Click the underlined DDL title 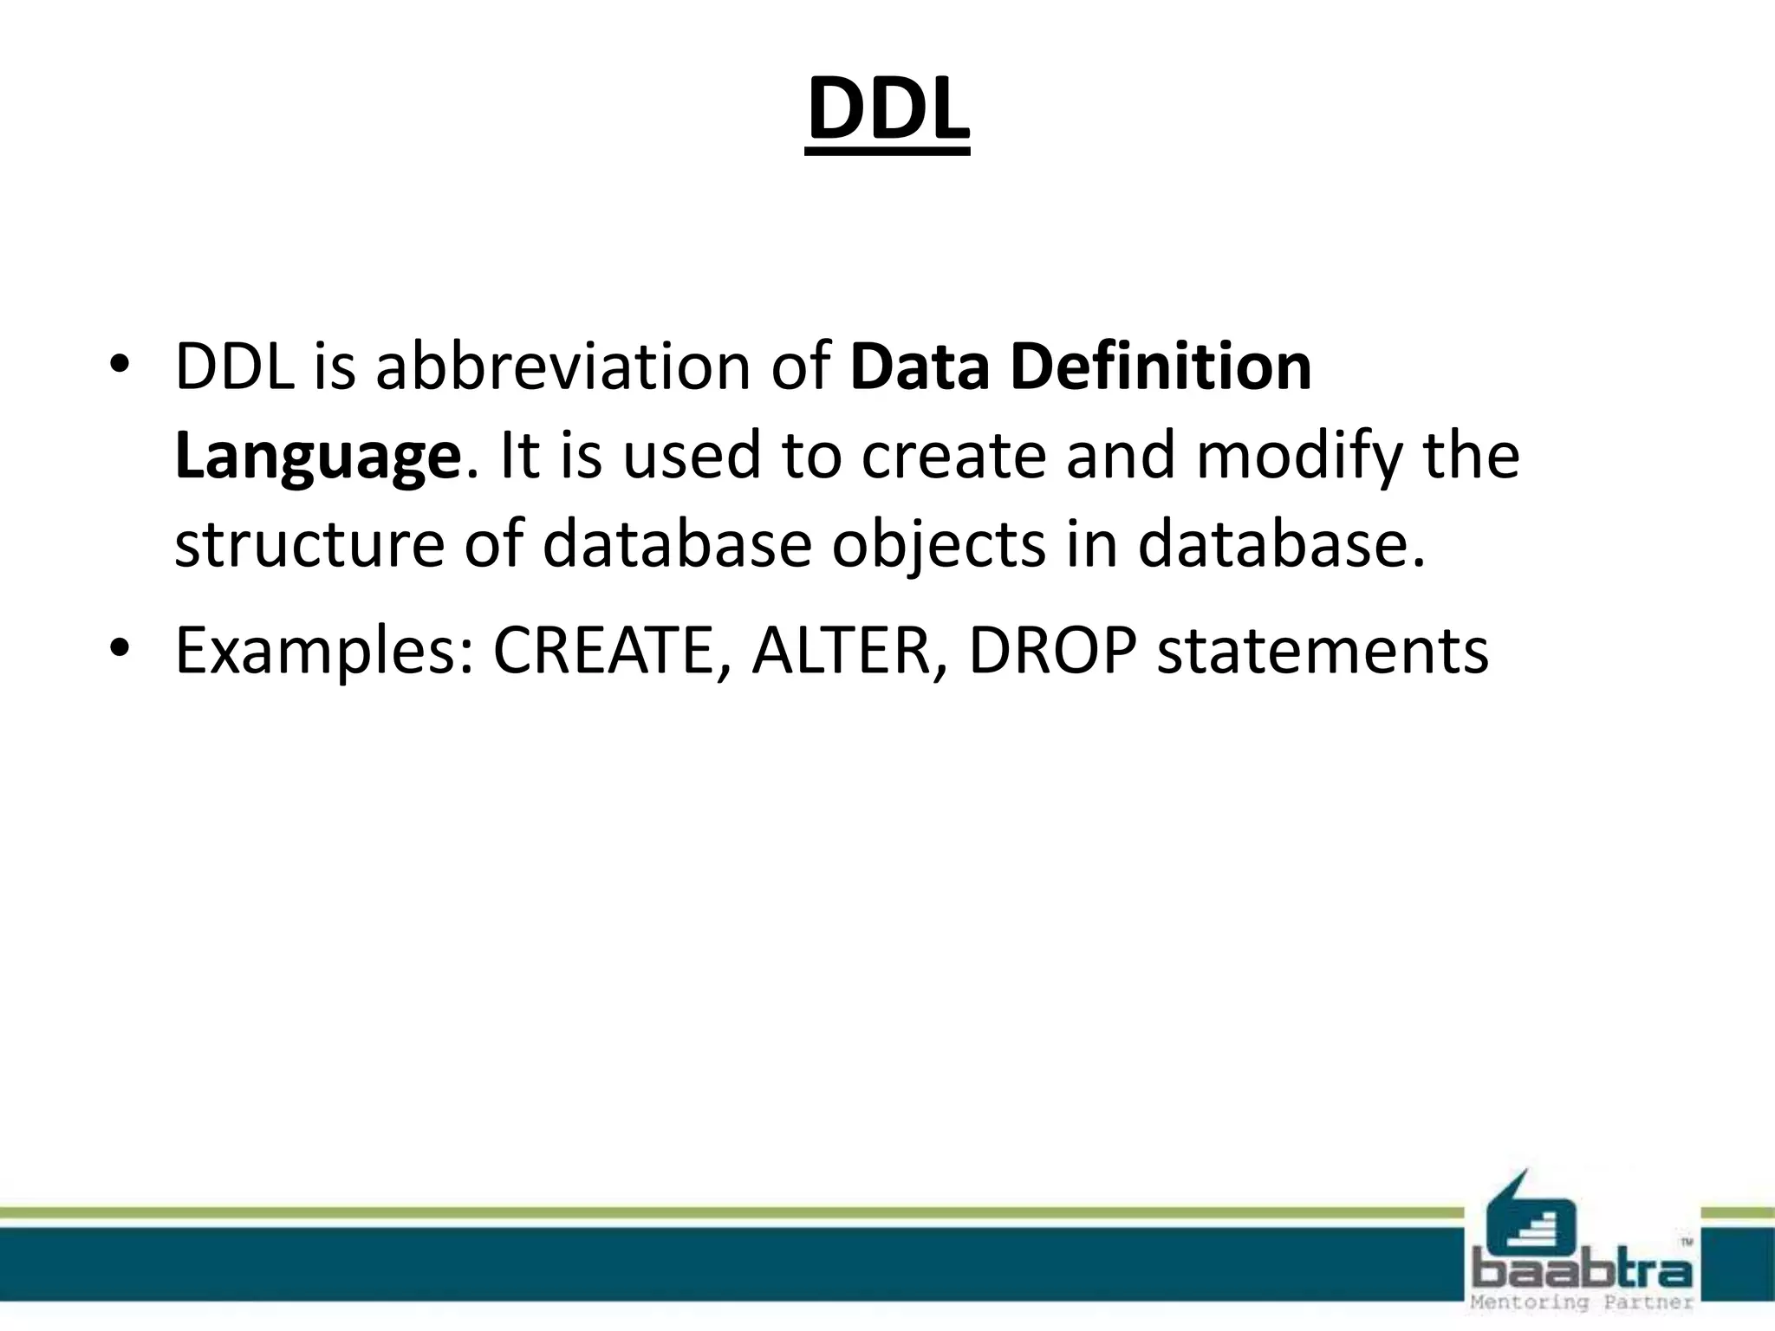point(887,112)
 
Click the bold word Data point(920,367)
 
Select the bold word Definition point(1161,367)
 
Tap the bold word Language point(316,458)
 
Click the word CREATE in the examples point(603,651)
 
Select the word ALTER point(840,651)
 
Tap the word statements point(1323,651)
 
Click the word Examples point(324,651)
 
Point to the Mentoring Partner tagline point(1581,1303)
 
